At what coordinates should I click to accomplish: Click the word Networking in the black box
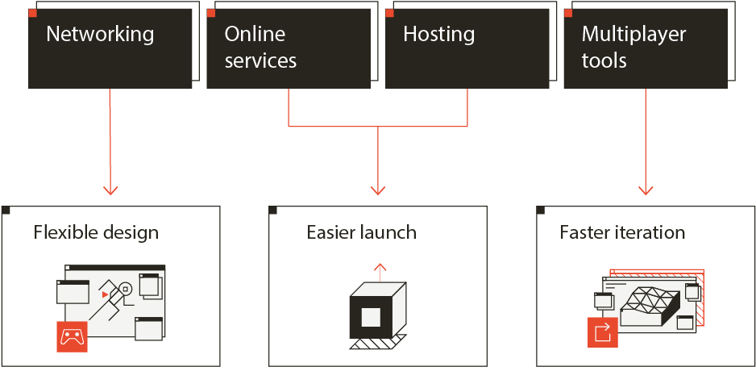coord(100,34)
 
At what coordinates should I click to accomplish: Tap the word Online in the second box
coord(255,34)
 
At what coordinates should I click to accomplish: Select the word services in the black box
coord(260,61)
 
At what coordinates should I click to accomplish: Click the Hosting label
coord(438,34)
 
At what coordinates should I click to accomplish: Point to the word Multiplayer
coord(633,35)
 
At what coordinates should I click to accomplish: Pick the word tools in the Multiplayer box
coord(604,61)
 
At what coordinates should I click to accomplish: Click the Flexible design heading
coord(96,232)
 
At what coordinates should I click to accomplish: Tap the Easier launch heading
coord(362,232)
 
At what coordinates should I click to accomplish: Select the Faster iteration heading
coord(622,232)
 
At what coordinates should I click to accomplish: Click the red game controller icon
coord(72,336)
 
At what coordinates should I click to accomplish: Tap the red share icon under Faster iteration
coord(603,332)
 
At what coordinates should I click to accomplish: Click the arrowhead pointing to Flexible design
coord(110,190)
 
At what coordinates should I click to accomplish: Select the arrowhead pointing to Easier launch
coord(378,190)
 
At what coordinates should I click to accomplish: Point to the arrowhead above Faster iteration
coord(646,190)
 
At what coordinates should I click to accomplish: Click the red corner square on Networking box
coord(32,13)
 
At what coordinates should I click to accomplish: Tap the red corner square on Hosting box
coord(389,13)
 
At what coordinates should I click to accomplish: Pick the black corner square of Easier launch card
coord(272,210)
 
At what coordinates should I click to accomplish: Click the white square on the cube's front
coord(372,317)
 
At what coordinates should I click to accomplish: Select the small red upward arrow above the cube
coord(380,272)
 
